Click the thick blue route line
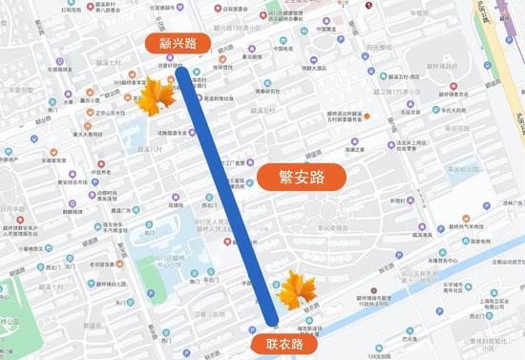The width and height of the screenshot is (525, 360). pyautogui.click(x=225, y=181)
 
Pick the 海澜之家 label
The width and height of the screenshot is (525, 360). pyautogui.click(x=355, y=149)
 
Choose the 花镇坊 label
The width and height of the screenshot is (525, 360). pyautogui.click(x=175, y=204)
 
